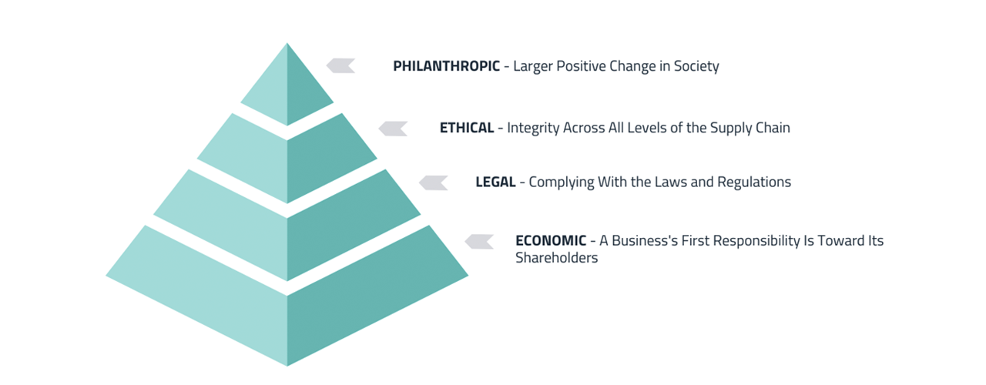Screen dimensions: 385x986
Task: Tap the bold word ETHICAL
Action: coord(466,128)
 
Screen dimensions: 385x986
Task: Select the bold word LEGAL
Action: coord(495,182)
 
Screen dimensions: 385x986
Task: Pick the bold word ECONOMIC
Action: coord(551,240)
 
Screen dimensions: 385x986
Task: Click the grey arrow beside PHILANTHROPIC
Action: coord(340,66)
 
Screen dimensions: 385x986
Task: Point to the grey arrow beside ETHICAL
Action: coord(393,129)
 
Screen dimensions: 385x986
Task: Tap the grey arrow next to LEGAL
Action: coord(434,182)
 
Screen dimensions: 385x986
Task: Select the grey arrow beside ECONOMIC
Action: coord(479,242)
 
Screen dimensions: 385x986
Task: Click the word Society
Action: coord(696,66)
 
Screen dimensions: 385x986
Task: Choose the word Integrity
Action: coord(535,128)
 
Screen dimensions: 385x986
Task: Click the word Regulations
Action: coord(754,182)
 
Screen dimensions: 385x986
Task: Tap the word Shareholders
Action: coord(556,259)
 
